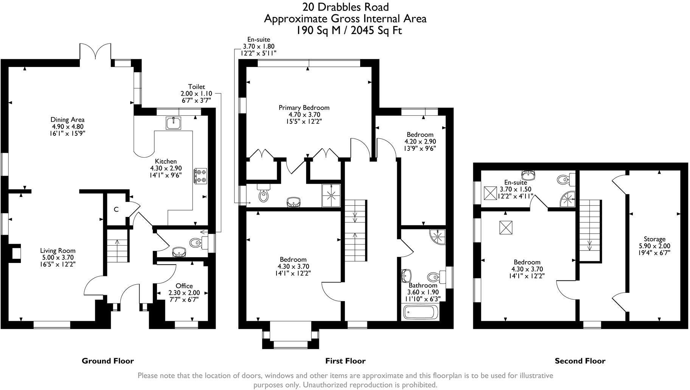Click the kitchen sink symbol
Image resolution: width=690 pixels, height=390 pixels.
pos(174,122)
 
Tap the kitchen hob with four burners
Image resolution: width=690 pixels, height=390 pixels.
pos(200,176)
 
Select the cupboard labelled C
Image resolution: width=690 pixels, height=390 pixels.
pos(117,209)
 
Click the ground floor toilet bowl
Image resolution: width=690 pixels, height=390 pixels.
pos(196,242)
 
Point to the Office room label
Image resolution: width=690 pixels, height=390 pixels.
pos(184,286)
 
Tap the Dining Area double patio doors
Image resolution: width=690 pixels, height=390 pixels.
pos(95,52)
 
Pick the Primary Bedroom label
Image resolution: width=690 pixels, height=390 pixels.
pos(304,108)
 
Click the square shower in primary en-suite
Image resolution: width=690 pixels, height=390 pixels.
pos(331,196)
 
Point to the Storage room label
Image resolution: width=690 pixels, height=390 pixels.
pos(654,239)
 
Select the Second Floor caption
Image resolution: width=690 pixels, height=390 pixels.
pos(580,361)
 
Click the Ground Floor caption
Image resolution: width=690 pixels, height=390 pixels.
pos(108,361)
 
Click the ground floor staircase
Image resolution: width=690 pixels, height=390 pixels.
pos(117,247)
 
